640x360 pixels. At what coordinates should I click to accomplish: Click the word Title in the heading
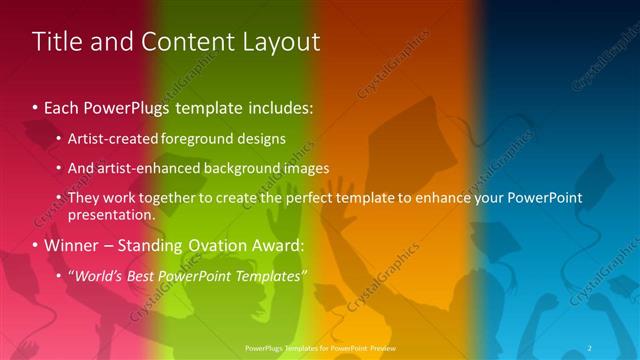pyautogui.click(x=56, y=42)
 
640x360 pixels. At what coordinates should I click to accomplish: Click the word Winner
pyautogui.click(x=71, y=245)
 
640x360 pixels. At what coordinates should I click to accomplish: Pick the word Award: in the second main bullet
pyautogui.click(x=274, y=245)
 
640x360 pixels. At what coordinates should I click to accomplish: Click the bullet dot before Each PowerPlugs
pyautogui.click(x=36, y=106)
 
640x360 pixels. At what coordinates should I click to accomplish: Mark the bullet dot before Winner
pyautogui.click(x=36, y=245)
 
